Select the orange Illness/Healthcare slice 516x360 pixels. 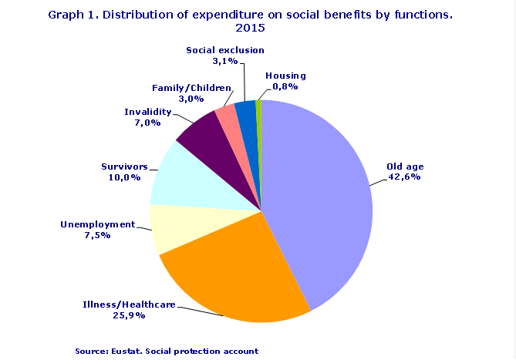231,270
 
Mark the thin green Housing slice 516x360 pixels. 259,110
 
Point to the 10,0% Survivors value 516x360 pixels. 123,177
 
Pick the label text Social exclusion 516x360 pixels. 225,50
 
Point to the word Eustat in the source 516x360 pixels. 126,351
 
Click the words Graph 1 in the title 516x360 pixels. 70,14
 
